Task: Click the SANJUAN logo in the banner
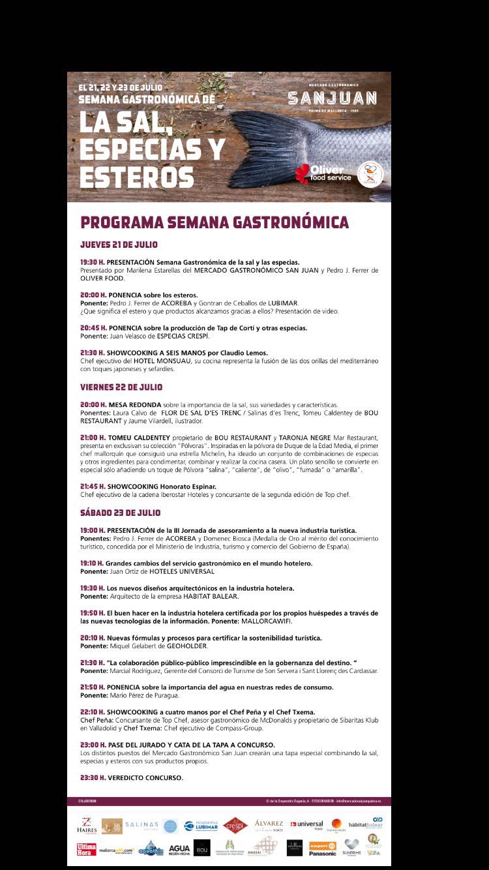(x=333, y=98)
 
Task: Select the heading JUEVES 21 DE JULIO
(x=119, y=245)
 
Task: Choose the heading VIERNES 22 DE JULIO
(x=121, y=387)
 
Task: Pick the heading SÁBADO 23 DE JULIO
(x=121, y=513)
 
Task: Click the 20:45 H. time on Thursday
(x=93, y=327)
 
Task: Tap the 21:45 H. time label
(x=93, y=487)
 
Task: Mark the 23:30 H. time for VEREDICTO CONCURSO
(x=93, y=777)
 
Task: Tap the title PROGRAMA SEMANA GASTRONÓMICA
(x=215, y=222)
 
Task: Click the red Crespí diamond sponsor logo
(x=235, y=825)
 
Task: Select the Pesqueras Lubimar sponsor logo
(x=201, y=825)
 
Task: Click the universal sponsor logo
(x=306, y=825)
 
